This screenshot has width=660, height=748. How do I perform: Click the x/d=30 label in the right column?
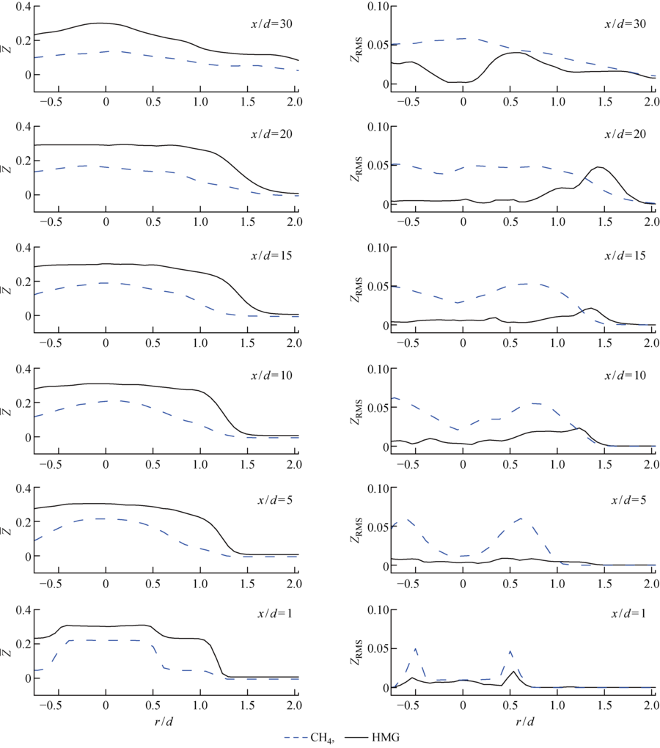[626, 23]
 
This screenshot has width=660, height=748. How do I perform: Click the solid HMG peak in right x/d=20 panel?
[599, 167]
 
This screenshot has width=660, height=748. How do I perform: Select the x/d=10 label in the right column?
[626, 375]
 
